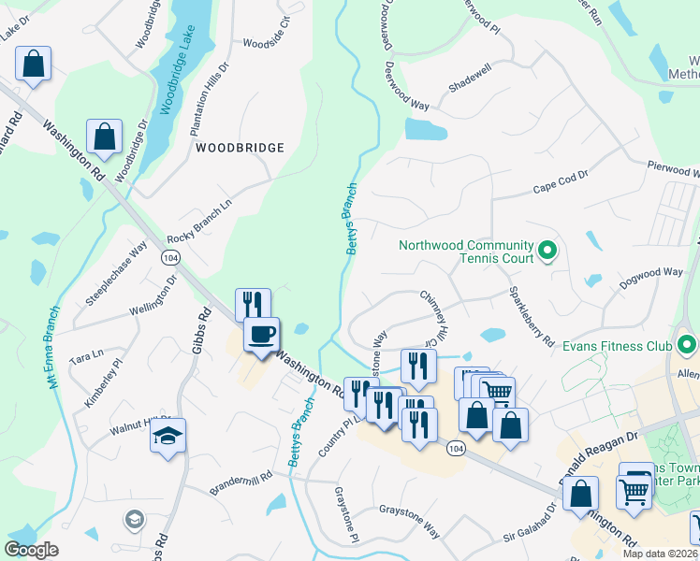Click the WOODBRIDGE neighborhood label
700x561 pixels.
point(239,148)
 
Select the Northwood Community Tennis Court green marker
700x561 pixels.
point(549,251)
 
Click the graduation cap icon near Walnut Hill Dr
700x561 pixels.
point(168,436)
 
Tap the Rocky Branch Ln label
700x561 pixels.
point(199,222)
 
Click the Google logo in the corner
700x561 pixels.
point(32,550)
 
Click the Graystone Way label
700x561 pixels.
point(409,520)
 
